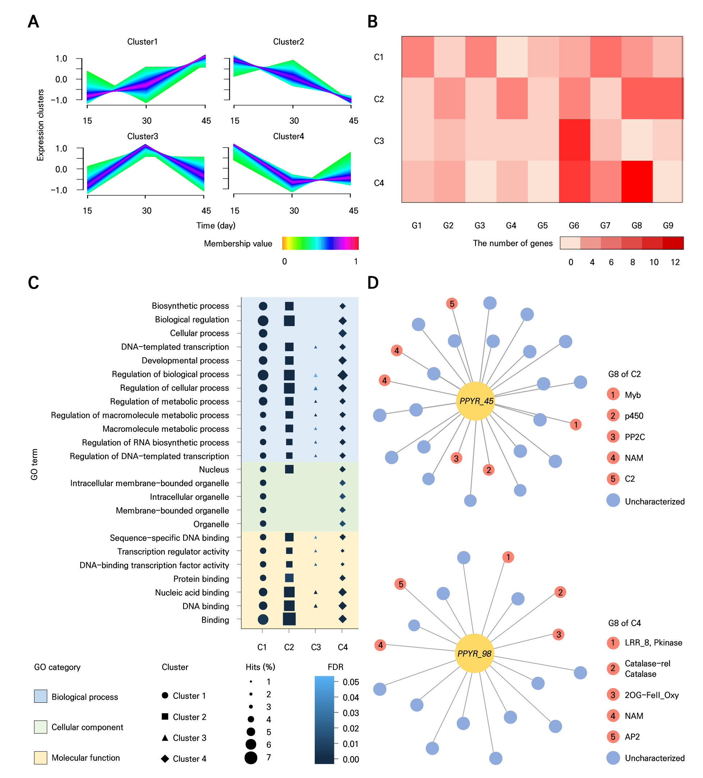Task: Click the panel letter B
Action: pos(372,22)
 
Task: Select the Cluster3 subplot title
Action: pos(142,136)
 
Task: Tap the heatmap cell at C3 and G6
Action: pos(574,140)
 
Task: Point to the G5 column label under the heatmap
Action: pos(542,225)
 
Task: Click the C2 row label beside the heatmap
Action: pos(378,99)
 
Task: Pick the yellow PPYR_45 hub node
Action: pos(475,401)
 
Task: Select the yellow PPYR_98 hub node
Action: pos(474,653)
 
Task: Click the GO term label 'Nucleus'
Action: pos(214,470)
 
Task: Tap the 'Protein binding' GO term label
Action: pos(201,579)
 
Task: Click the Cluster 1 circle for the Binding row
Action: pos(263,619)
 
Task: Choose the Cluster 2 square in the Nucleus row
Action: pos(289,469)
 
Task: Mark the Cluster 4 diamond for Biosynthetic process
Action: pos(342,306)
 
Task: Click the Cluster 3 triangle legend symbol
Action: pos(165,737)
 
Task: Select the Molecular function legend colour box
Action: pos(41,757)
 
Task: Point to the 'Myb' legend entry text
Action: pos(632,395)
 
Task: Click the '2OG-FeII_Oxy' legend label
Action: pos(651,695)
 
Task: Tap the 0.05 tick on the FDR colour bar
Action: pos(350,682)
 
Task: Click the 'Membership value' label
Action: pos(238,244)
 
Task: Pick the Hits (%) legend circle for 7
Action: pos(251,758)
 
